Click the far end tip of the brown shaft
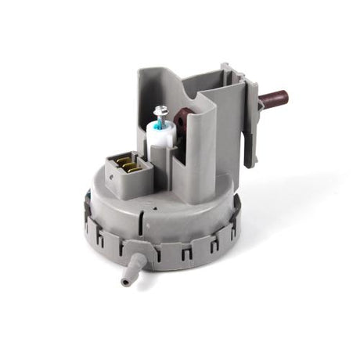click(x=285, y=97)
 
